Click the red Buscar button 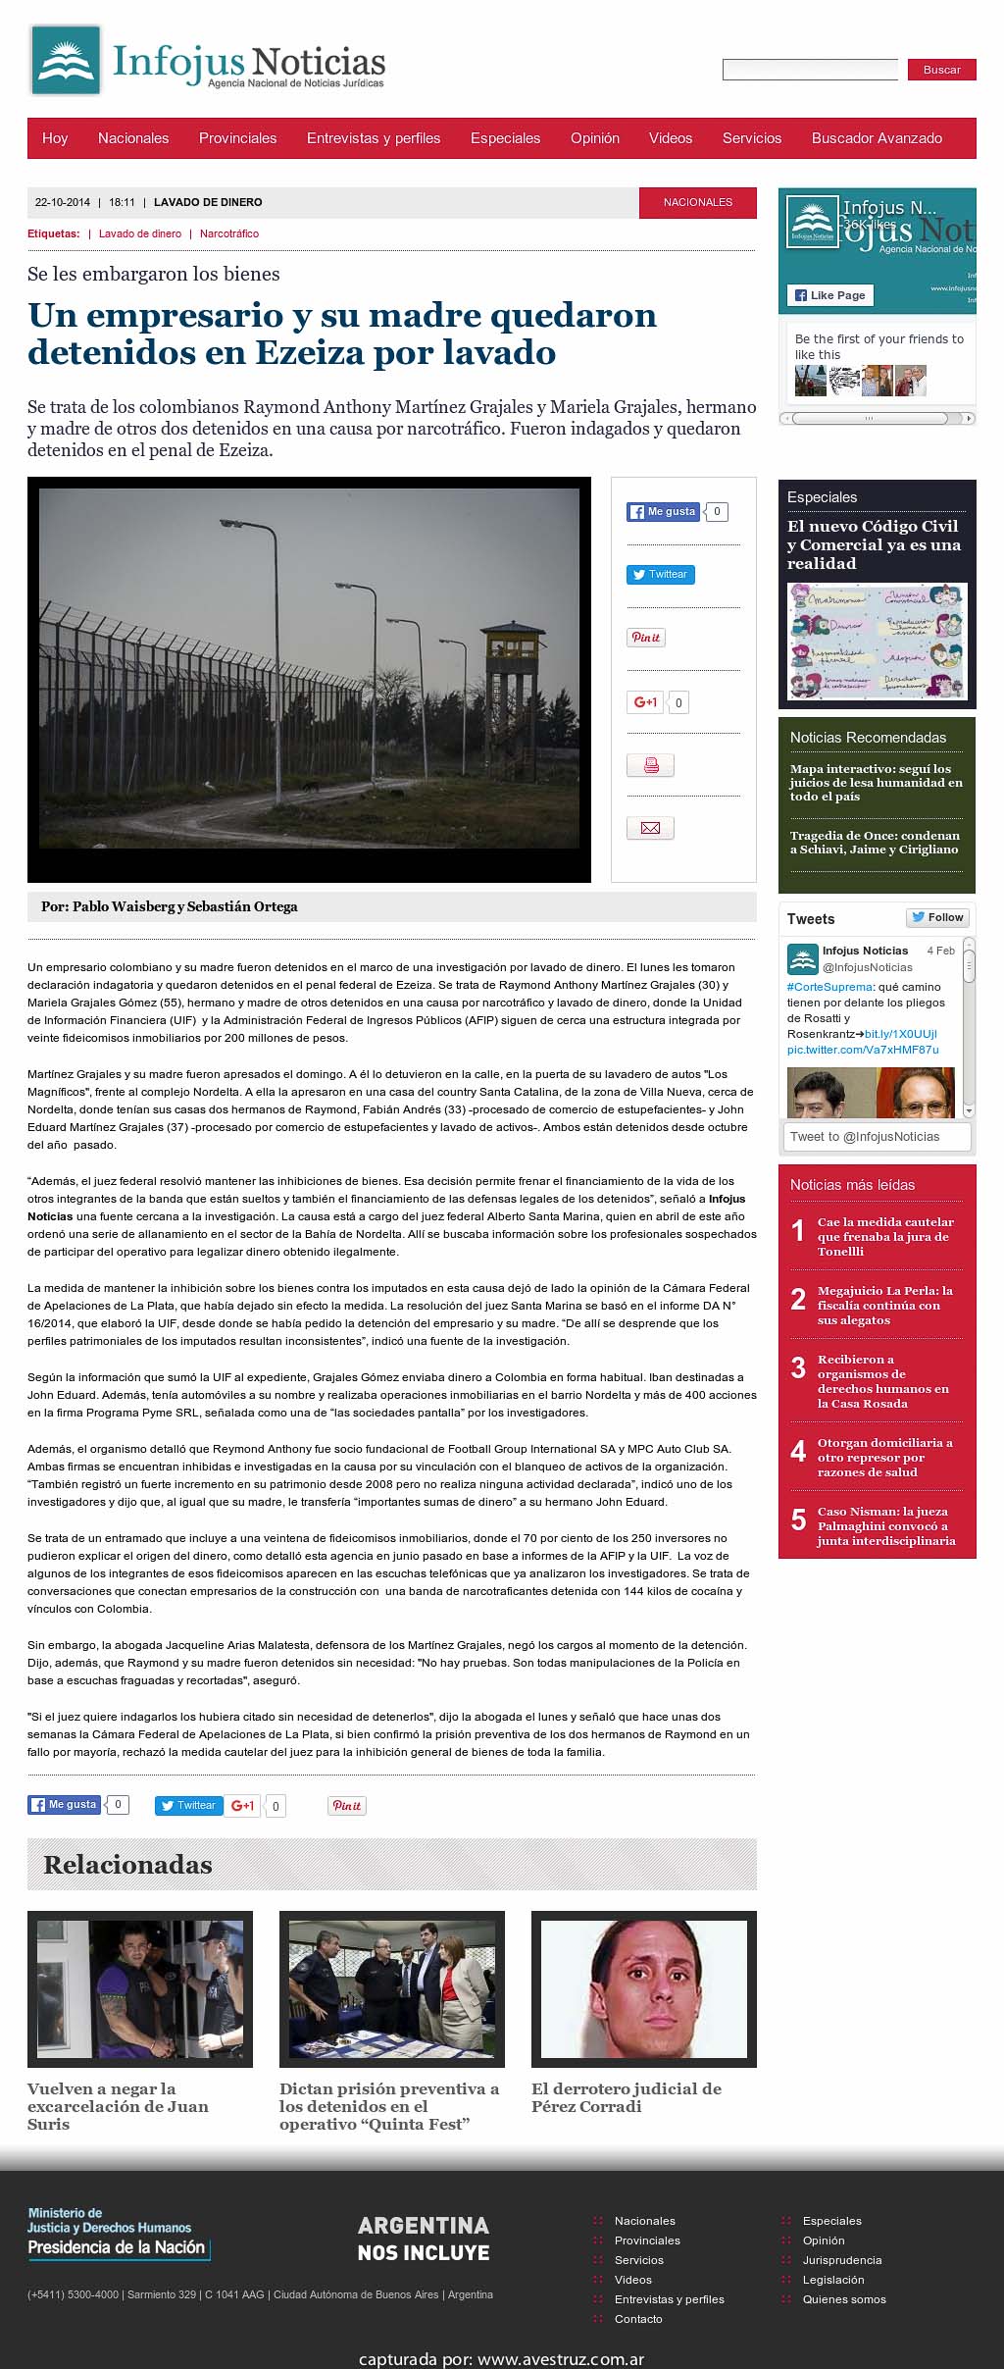pyautogui.click(x=941, y=70)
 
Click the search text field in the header pyautogui.click(x=810, y=70)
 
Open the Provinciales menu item pyautogui.click(x=237, y=138)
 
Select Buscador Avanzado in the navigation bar pyautogui.click(x=877, y=138)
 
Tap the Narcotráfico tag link pyautogui.click(x=229, y=233)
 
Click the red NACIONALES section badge pyautogui.click(x=697, y=202)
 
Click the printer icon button pyautogui.click(x=650, y=765)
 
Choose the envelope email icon pyautogui.click(x=650, y=828)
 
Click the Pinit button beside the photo pyautogui.click(x=645, y=638)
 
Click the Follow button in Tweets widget pyautogui.click(x=937, y=917)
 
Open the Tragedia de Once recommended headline pyautogui.click(x=875, y=843)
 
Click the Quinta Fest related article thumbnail pyautogui.click(x=391, y=1988)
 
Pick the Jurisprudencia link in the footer pyautogui.click(x=841, y=2260)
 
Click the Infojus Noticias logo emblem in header pyautogui.click(x=66, y=61)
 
